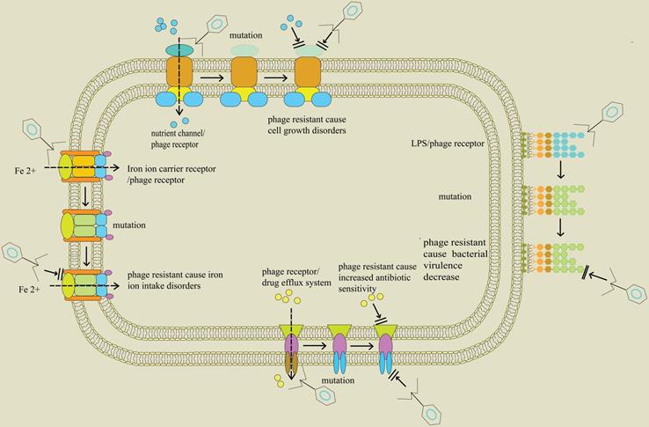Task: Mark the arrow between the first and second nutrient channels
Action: (x=211, y=77)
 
